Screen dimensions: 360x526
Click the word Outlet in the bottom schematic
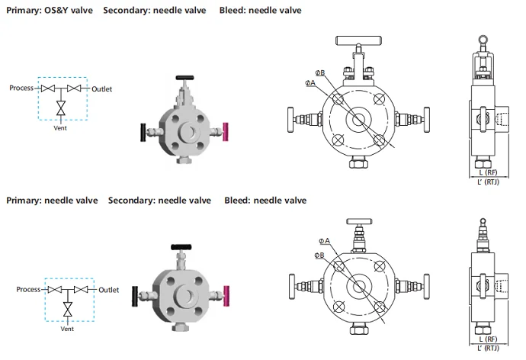[109, 290]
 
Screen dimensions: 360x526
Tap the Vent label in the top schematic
[61, 127]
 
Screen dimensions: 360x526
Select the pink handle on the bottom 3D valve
[225, 292]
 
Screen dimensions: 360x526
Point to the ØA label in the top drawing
[310, 82]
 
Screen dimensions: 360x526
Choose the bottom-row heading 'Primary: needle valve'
[52, 201]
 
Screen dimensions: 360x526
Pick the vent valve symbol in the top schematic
[61, 111]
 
